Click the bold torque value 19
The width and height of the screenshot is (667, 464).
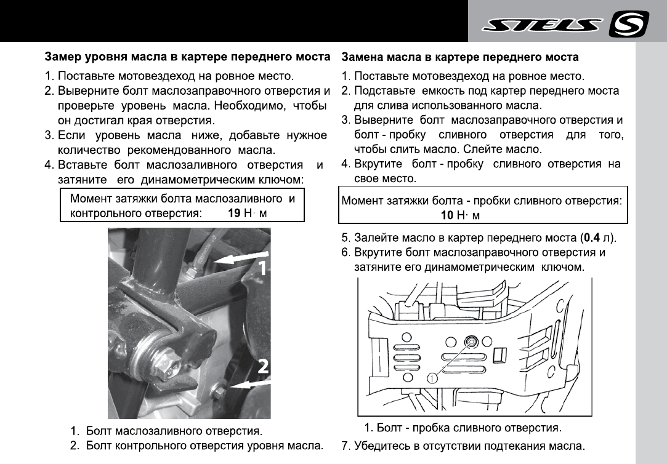click(233, 214)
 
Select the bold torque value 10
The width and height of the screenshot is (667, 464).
click(447, 215)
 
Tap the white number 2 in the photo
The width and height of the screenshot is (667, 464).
click(262, 367)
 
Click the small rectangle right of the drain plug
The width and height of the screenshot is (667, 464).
click(501, 355)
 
